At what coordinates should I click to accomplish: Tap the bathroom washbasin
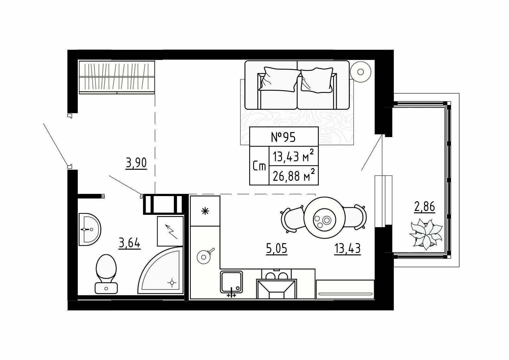90,229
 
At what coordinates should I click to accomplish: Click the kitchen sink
231,282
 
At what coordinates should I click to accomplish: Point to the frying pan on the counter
204,256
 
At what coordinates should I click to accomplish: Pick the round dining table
325,218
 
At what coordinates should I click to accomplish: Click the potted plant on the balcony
426,234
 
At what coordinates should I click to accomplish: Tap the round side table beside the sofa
361,72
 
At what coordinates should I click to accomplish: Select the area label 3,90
136,163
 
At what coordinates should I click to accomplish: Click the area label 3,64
129,244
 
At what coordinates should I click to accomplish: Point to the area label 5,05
276,249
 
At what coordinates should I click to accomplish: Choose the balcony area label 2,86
425,207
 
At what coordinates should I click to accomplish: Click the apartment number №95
283,137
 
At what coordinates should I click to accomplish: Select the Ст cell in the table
259,166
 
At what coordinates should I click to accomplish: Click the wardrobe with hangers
117,77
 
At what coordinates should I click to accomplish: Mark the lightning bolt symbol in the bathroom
171,231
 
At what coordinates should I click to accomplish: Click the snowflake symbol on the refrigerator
205,211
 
